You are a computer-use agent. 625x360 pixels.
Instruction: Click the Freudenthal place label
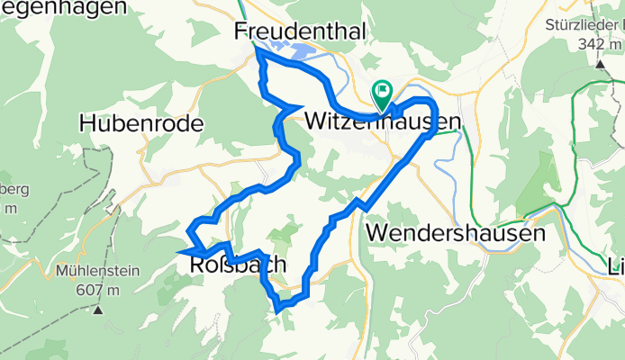click(x=299, y=31)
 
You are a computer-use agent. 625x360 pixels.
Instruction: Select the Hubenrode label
click(x=139, y=123)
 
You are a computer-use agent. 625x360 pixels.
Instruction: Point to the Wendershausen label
click(x=457, y=232)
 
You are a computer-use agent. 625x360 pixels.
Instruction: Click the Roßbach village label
click(x=238, y=265)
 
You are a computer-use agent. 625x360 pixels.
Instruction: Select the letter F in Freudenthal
click(x=241, y=31)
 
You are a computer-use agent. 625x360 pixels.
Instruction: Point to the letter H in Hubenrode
click(x=87, y=123)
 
